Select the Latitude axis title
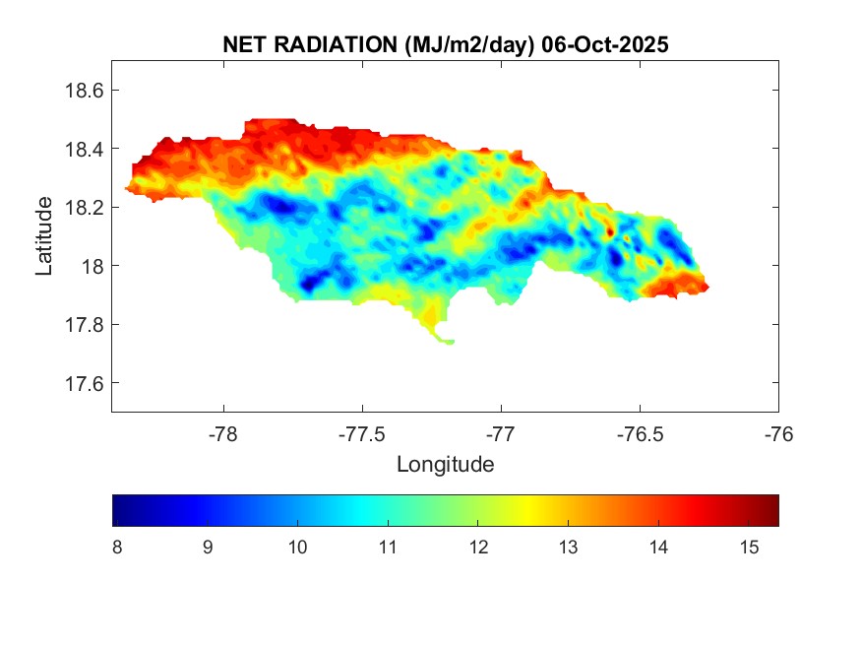tap(44, 236)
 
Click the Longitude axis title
tap(445, 464)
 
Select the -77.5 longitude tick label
tap(362, 433)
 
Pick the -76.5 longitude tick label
tap(640, 433)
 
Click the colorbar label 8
tap(117, 548)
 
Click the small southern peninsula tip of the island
tap(448, 342)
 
